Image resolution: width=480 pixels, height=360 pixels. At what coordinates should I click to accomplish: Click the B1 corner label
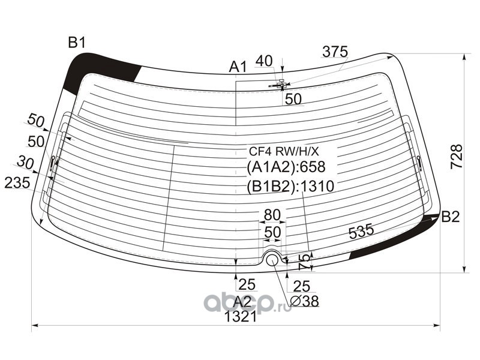pyautogui.click(x=77, y=43)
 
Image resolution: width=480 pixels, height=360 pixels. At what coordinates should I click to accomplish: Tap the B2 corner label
pyautogui.click(x=451, y=217)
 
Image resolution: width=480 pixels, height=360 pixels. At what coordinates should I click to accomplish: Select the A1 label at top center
pyautogui.click(x=238, y=67)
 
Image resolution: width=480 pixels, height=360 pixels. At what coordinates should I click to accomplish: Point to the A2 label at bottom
pyautogui.click(x=242, y=302)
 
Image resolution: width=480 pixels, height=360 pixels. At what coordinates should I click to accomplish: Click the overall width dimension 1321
pyautogui.click(x=241, y=317)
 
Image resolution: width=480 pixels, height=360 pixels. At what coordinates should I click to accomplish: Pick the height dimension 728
pyautogui.click(x=457, y=156)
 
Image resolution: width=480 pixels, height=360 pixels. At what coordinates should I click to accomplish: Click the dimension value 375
pyautogui.click(x=335, y=52)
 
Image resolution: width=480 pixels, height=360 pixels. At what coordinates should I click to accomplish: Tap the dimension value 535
pyautogui.click(x=362, y=231)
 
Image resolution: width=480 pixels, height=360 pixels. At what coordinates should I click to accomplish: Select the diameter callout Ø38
pyautogui.click(x=304, y=301)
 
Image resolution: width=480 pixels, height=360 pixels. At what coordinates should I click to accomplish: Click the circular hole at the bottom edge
pyautogui.click(x=272, y=260)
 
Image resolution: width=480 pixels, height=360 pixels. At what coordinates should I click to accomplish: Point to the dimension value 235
pyautogui.click(x=17, y=183)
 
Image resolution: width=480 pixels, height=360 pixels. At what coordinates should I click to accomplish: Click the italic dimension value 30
pyautogui.click(x=25, y=162)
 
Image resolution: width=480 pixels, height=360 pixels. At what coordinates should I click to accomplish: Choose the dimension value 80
pyautogui.click(x=272, y=215)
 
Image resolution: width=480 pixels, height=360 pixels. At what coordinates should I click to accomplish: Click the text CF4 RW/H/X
pyautogui.click(x=284, y=151)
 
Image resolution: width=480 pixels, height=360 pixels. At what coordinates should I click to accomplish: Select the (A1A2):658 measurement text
pyautogui.click(x=286, y=167)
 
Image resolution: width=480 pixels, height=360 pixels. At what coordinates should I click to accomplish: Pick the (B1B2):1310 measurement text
pyautogui.click(x=290, y=186)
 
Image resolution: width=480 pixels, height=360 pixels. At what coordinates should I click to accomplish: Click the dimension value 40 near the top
pyautogui.click(x=264, y=61)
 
